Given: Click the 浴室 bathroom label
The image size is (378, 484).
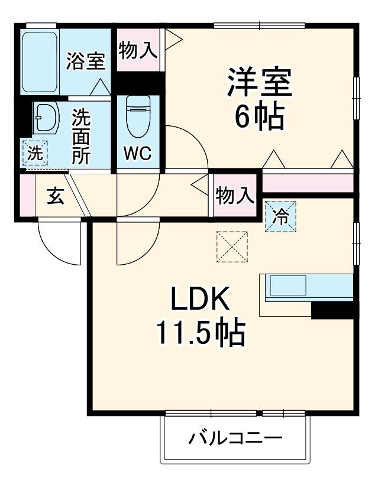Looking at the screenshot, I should point(85,61).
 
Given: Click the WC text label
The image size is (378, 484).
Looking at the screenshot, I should point(137,153).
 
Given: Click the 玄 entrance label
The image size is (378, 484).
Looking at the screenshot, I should point(56,196).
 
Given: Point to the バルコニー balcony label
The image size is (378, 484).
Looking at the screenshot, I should point(235,440).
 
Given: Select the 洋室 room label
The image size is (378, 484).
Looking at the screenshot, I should point(260,83).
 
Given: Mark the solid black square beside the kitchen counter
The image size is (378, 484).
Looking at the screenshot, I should point(332,310).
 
